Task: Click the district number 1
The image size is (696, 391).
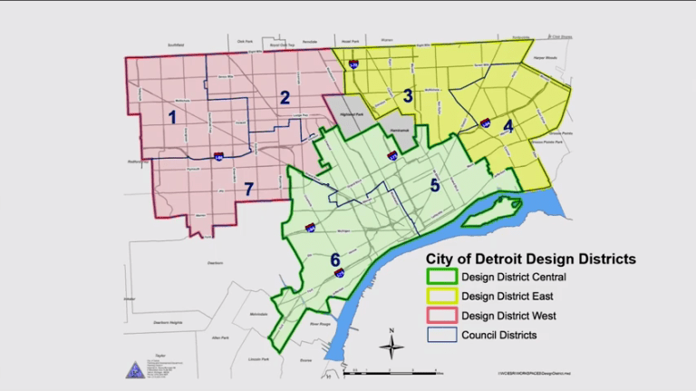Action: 171,116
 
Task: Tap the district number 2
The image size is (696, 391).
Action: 285,98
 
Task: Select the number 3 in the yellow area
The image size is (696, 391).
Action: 408,95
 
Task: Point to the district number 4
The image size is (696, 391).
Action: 507,126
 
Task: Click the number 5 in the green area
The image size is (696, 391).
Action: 435,185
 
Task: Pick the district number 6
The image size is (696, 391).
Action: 334,259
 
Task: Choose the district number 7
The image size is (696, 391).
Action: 248,189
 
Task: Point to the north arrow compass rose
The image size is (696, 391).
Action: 391,345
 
